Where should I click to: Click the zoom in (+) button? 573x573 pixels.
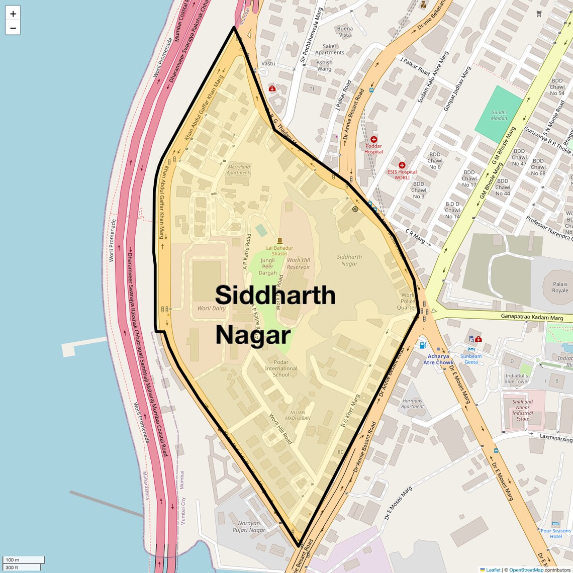(x=13, y=14)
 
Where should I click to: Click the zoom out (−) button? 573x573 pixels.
(x=13, y=28)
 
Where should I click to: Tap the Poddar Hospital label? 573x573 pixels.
(x=373, y=149)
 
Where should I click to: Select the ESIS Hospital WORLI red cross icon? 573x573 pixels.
(x=402, y=165)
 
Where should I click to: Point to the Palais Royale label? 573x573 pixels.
(x=560, y=287)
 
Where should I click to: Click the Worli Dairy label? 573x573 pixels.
(x=211, y=308)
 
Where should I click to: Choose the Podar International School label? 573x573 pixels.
(x=281, y=368)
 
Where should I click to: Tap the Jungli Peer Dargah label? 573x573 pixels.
(x=268, y=266)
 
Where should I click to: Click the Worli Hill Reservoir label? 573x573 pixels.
(x=299, y=263)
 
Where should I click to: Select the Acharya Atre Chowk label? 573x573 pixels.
(x=438, y=359)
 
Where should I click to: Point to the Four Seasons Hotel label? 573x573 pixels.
(x=555, y=533)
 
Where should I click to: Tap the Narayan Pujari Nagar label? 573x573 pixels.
(x=249, y=527)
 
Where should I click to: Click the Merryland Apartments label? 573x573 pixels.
(x=239, y=170)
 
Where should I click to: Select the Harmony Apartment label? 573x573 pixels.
(x=413, y=404)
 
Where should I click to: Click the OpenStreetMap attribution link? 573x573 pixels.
(x=526, y=569)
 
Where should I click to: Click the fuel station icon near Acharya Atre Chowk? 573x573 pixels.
(x=423, y=345)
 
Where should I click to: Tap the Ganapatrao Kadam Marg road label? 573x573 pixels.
(x=532, y=317)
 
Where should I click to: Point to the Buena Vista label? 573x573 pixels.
(x=345, y=32)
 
